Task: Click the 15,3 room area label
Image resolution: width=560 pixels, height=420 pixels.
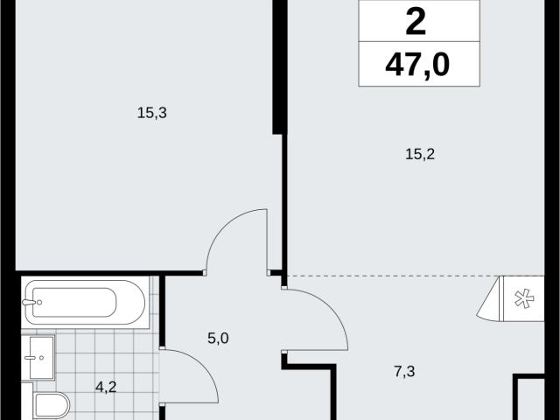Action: coord(151,113)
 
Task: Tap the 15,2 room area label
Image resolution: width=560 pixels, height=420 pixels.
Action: coord(420,154)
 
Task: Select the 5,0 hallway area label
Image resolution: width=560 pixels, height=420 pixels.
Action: coord(218,338)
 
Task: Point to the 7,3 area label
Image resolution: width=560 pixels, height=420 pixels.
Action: coord(404,371)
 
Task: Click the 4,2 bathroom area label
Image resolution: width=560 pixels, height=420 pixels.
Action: coord(106,387)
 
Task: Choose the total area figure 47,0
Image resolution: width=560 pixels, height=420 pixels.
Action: coord(417,65)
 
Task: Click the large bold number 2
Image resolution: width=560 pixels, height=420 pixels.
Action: coord(416,22)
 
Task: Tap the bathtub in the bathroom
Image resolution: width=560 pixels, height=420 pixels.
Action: coord(86,302)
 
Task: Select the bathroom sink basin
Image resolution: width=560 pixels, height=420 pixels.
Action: coord(41,357)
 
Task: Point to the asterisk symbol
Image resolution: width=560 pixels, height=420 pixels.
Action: coord(524,298)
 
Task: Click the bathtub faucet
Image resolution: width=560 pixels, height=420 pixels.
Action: coord(31,303)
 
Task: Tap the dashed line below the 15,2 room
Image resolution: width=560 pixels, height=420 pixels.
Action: coord(393,276)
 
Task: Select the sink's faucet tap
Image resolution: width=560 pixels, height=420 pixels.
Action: coord(34,357)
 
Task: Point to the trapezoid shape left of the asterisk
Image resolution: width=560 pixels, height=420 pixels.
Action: coord(490,298)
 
